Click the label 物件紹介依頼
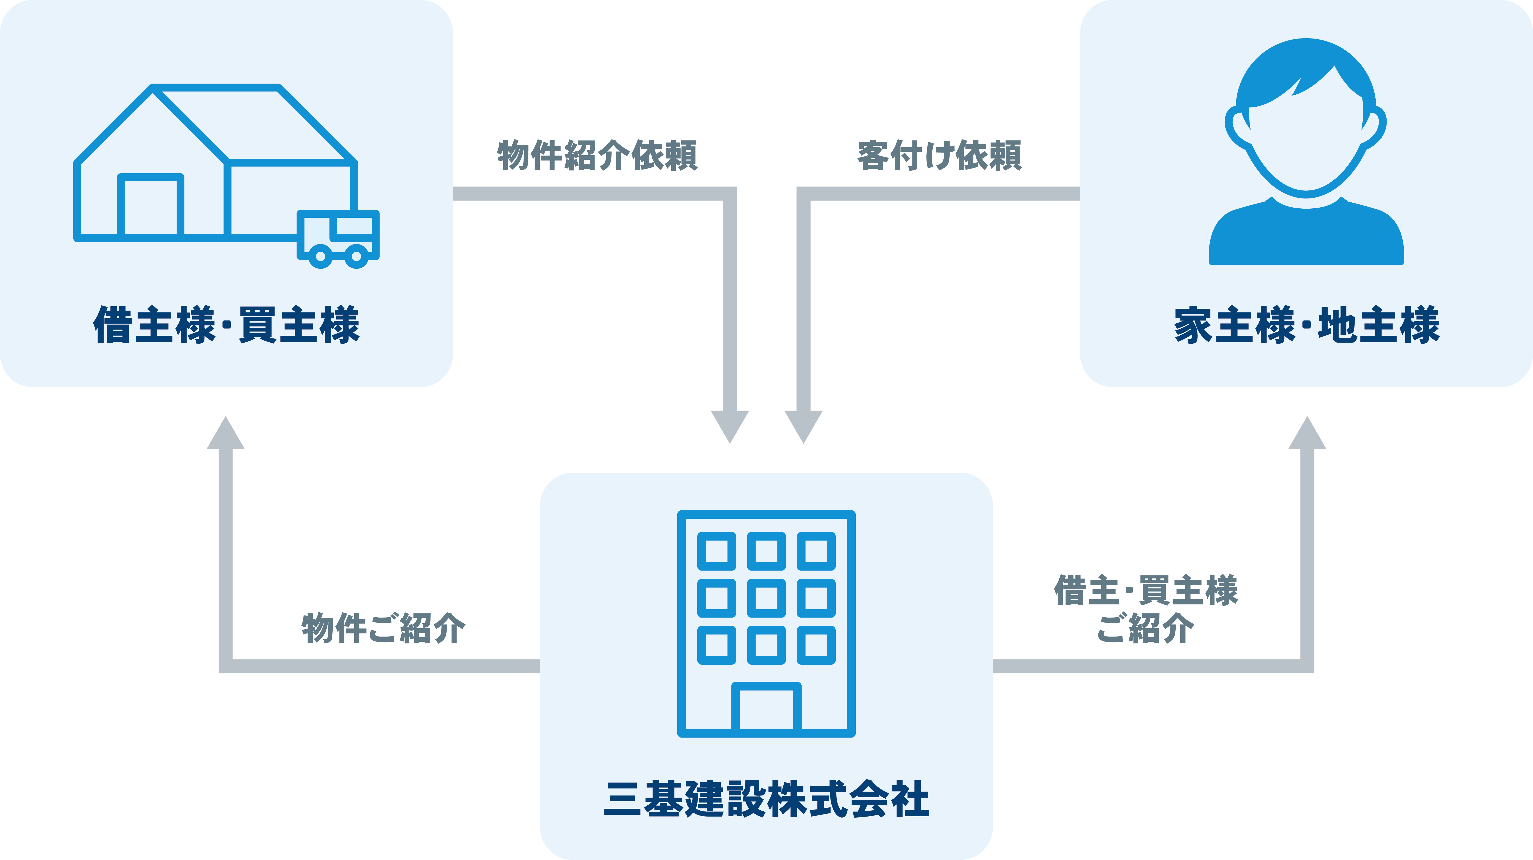click(597, 156)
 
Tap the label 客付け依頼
click(939, 156)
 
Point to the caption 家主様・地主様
click(1306, 325)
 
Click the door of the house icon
click(151, 205)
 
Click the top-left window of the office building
click(717, 551)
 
